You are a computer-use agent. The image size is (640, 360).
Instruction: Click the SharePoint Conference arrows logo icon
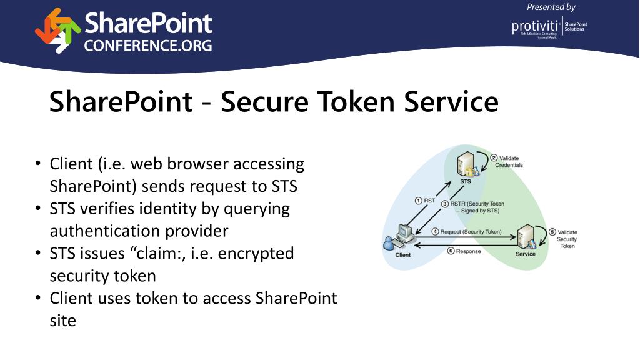pyautogui.click(x=57, y=30)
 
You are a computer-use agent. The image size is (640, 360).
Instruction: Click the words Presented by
pyautogui.click(x=551, y=7)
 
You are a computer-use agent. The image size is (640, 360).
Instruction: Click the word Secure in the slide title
pyautogui.click(x=258, y=101)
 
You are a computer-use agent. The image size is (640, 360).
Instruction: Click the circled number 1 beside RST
pyautogui.click(x=418, y=201)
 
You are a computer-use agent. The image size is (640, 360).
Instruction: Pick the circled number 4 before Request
pyautogui.click(x=435, y=232)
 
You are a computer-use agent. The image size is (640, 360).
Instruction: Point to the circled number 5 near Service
pyautogui.click(x=552, y=232)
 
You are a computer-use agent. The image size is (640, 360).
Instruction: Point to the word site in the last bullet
pyautogui.click(x=62, y=321)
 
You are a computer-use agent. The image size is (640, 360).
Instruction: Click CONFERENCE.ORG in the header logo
pyautogui.click(x=148, y=46)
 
